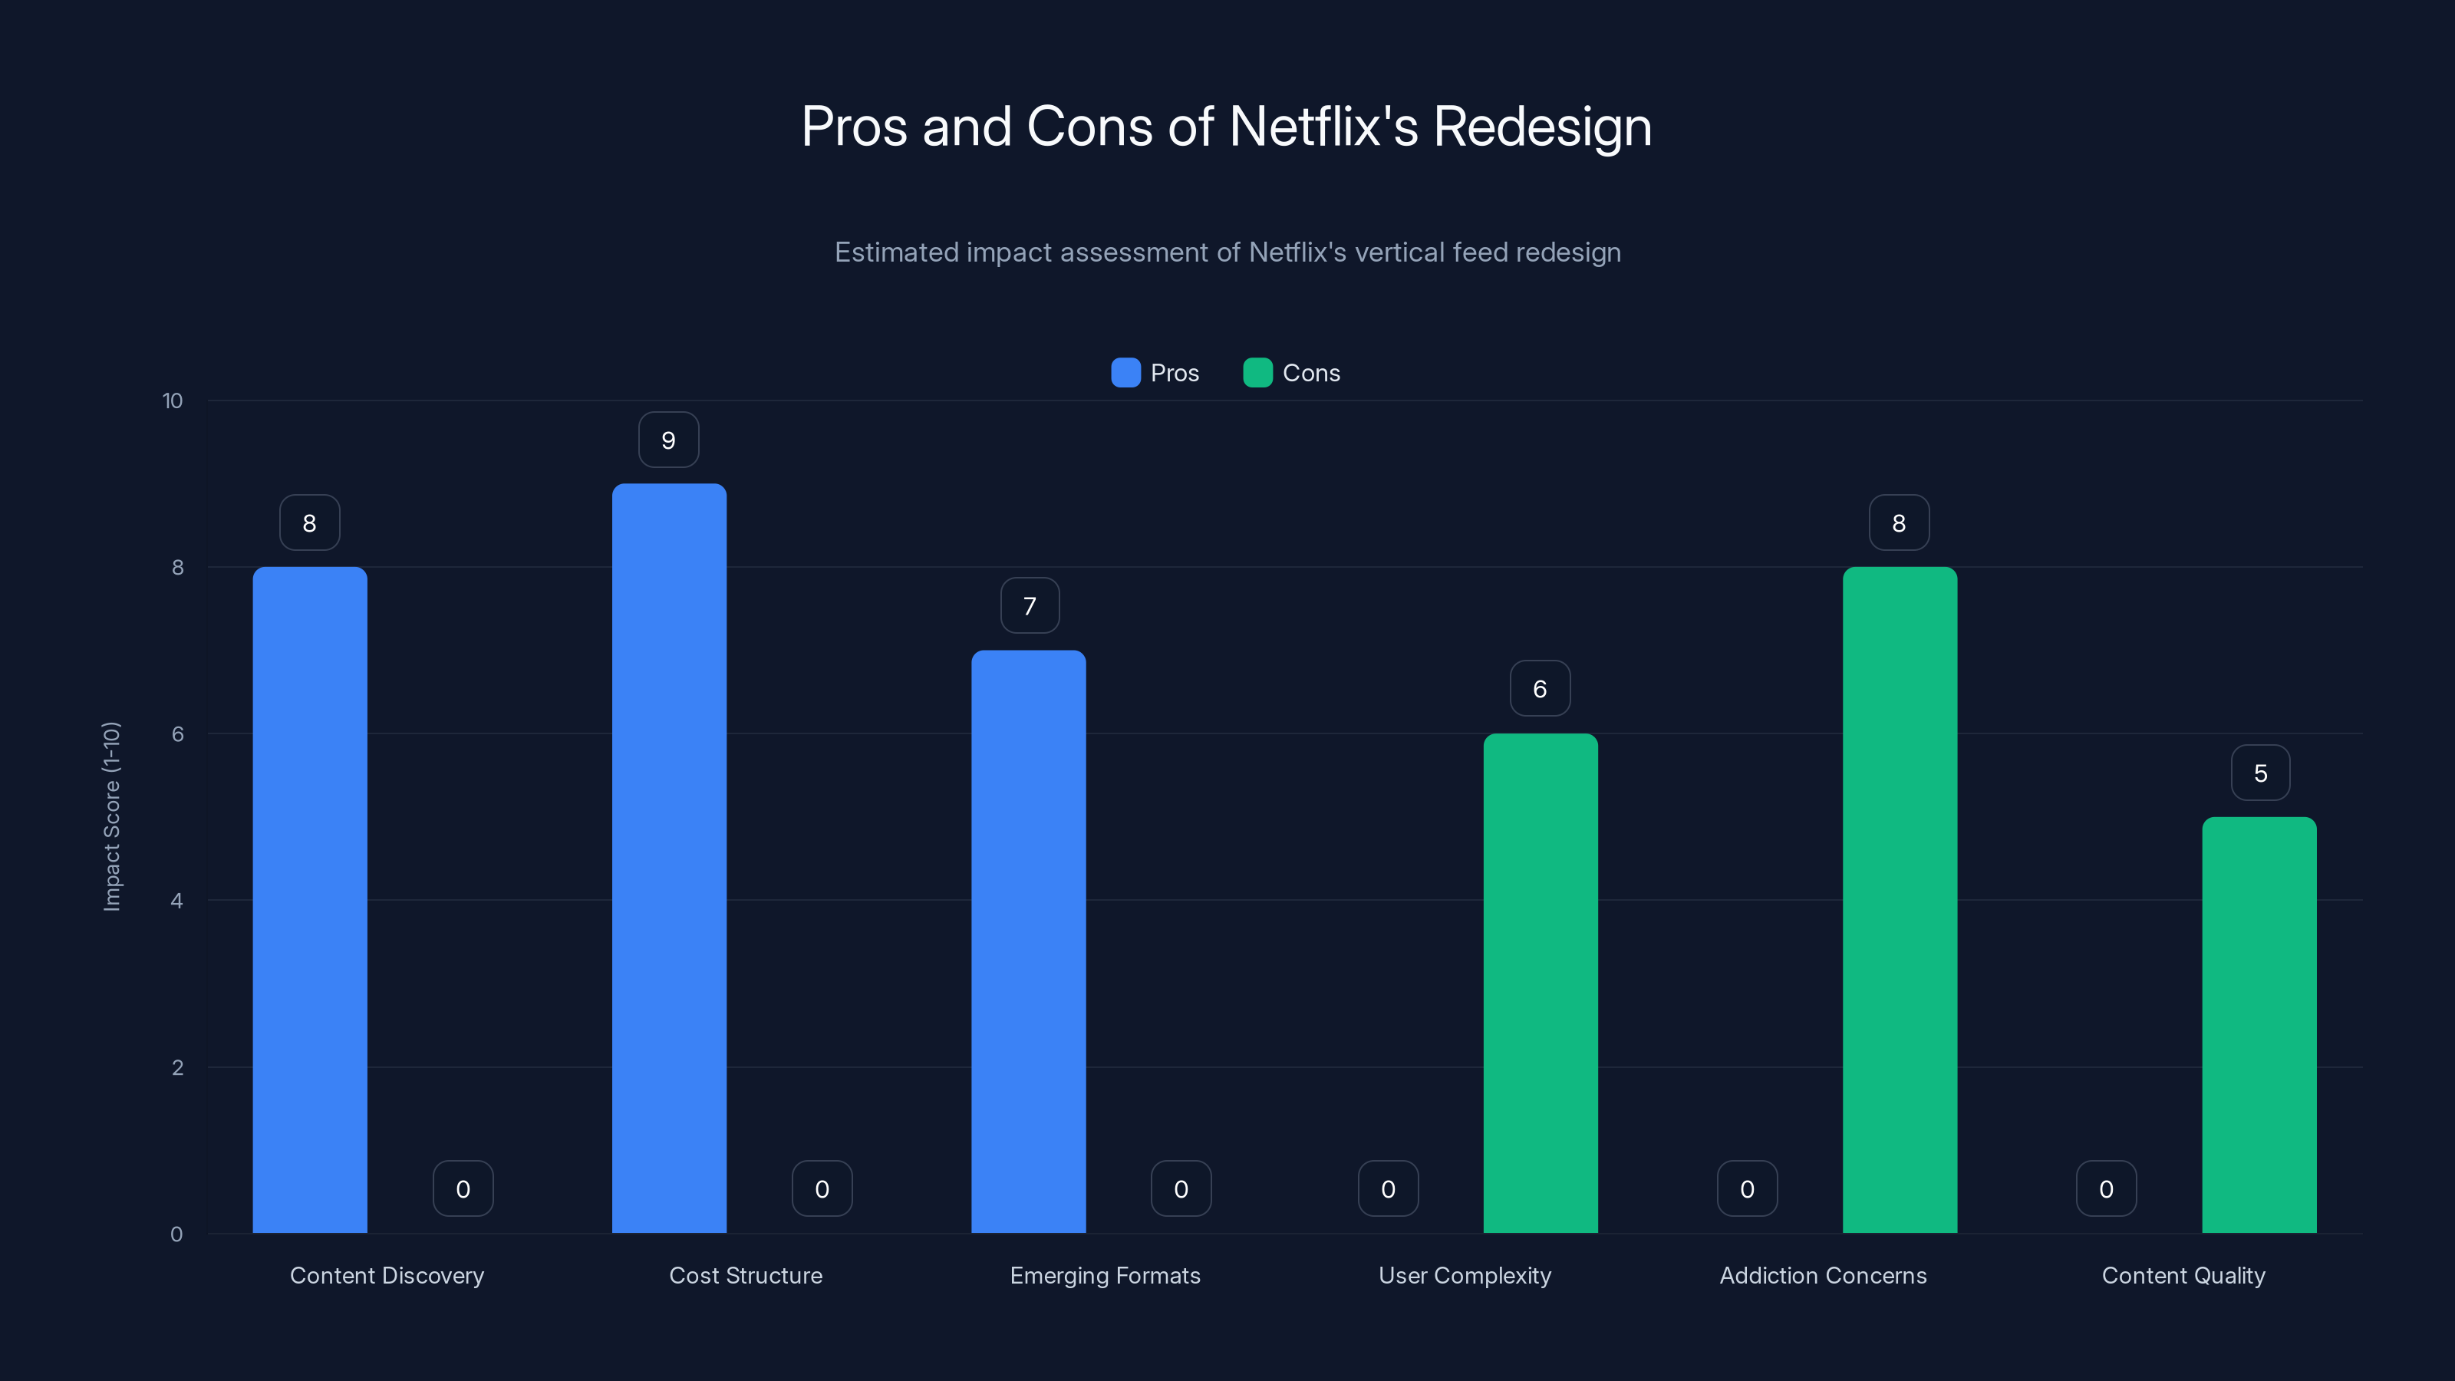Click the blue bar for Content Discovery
(x=310, y=900)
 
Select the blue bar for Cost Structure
(x=669, y=858)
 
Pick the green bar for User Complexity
(x=1540, y=983)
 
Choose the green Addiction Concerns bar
(x=1900, y=900)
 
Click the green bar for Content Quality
(x=2259, y=1024)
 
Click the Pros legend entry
(x=1155, y=373)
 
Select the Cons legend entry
(x=1291, y=373)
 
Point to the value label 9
(x=668, y=440)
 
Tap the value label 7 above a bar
(x=1030, y=606)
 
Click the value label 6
(x=1540, y=689)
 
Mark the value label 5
(x=2259, y=773)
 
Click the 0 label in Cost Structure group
(x=822, y=1189)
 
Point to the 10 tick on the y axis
(x=173, y=400)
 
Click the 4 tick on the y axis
(x=176, y=901)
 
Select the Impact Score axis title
(x=111, y=817)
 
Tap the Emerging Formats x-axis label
(x=1105, y=1275)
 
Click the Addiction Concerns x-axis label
(x=1822, y=1275)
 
